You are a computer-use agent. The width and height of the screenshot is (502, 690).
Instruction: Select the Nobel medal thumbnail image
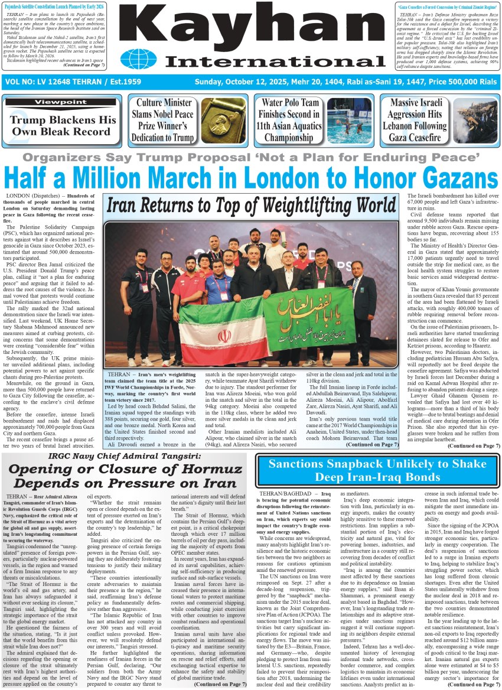[x=223, y=121]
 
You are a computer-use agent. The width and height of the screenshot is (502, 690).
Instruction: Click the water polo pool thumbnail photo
[x=350, y=121]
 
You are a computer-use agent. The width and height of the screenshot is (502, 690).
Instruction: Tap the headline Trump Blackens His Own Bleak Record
[x=63, y=125]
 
